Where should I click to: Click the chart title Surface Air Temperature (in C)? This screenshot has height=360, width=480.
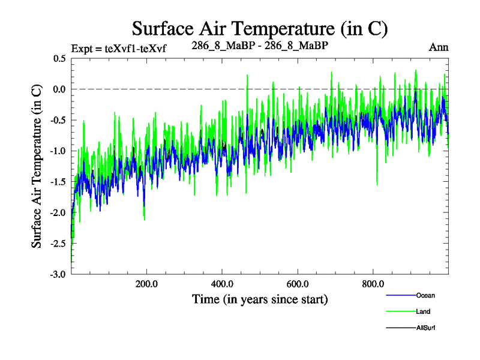click(x=260, y=28)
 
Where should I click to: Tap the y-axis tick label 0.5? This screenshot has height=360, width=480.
click(x=59, y=59)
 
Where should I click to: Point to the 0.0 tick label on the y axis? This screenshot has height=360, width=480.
click(x=59, y=89)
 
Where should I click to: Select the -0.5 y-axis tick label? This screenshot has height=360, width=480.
click(x=58, y=120)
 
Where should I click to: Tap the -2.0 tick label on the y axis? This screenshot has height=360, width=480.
click(x=58, y=212)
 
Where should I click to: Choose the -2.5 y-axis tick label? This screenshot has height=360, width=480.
click(x=58, y=244)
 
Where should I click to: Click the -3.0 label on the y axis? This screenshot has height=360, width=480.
click(x=58, y=274)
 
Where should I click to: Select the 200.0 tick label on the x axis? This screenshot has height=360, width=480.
click(x=146, y=284)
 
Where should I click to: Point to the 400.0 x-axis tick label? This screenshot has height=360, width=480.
click(x=222, y=284)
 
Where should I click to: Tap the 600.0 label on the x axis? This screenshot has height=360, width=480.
click(x=298, y=284)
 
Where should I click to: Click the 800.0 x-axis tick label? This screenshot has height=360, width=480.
click(x=373, y=284)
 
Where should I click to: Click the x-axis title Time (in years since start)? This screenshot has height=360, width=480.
click(x=260, y=299)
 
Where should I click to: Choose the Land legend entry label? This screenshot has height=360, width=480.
click(x=423, y=311)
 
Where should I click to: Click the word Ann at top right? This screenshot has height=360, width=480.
click(x=439, y=47)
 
